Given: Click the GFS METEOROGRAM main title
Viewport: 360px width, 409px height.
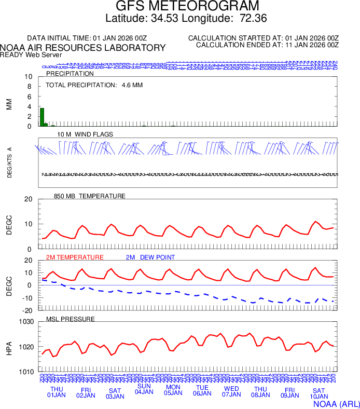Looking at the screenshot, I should (179, 7).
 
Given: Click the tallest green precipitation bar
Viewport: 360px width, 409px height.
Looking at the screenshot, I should (42, 117).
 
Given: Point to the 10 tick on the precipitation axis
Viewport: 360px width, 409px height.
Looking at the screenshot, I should (29, 77).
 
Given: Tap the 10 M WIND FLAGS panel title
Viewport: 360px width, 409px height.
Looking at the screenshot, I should (85, 134).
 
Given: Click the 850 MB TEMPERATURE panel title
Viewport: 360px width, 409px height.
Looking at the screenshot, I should (89, 196).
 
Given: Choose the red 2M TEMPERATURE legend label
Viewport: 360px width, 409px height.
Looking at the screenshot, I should (75, 257).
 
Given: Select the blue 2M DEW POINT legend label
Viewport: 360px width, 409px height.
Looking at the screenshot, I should (150, 257).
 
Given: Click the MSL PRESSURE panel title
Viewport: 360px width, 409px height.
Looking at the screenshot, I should (71, 318).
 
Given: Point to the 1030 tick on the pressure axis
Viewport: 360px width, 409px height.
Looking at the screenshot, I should (26, 322).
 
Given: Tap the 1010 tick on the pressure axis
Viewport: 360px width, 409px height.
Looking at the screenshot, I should (26, 372).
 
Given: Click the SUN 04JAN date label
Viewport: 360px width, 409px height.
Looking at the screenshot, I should (144, 389).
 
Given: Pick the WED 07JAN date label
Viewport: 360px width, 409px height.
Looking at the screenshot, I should (231, 392).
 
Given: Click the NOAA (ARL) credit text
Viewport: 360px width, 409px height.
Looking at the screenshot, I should (336, 403).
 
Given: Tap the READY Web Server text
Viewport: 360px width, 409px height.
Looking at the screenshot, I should (31, 54).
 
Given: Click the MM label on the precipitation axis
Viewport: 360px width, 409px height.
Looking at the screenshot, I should (9, 104).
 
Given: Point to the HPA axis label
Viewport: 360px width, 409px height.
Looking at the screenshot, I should (9, 347).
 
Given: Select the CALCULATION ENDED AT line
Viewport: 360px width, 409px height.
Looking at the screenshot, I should (267, 45).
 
